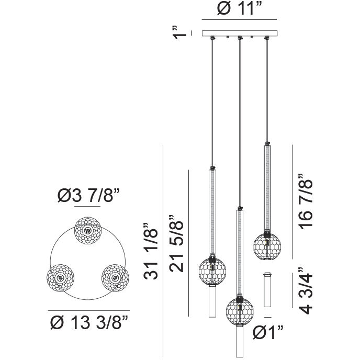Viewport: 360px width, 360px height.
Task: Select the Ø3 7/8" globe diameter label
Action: pos(88,196)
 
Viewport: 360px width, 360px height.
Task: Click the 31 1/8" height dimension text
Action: pos(150,251)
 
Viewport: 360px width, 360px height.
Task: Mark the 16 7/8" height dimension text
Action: pos(307,203)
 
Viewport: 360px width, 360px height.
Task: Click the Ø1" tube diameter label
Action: pos(268,331)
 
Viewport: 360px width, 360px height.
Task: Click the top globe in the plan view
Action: pos(87,230)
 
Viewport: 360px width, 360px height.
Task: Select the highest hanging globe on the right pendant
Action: pos(267,245)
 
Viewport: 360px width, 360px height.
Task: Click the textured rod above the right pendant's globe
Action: pos(267,188)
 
